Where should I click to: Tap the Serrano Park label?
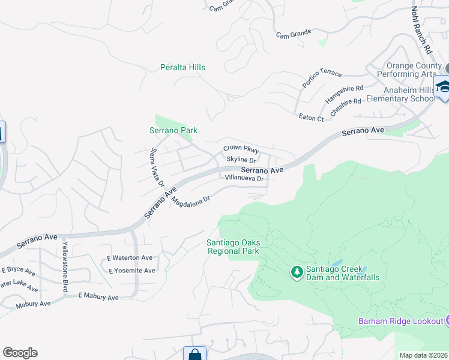[173, 130]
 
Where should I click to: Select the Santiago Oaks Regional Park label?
[233, 247]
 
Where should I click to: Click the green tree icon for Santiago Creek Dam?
[297, 272]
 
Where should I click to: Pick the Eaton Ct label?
[311, 118]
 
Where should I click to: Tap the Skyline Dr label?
[241, 160]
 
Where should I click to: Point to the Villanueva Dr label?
[244, 178]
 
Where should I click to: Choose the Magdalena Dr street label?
[190, 202]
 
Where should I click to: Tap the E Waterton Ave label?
[130, 257]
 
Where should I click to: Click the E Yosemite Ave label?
[131, 271]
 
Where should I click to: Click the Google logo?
[20, 353]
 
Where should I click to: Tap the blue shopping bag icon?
[194, 354]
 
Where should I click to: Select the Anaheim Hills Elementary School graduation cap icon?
[444, 88]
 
